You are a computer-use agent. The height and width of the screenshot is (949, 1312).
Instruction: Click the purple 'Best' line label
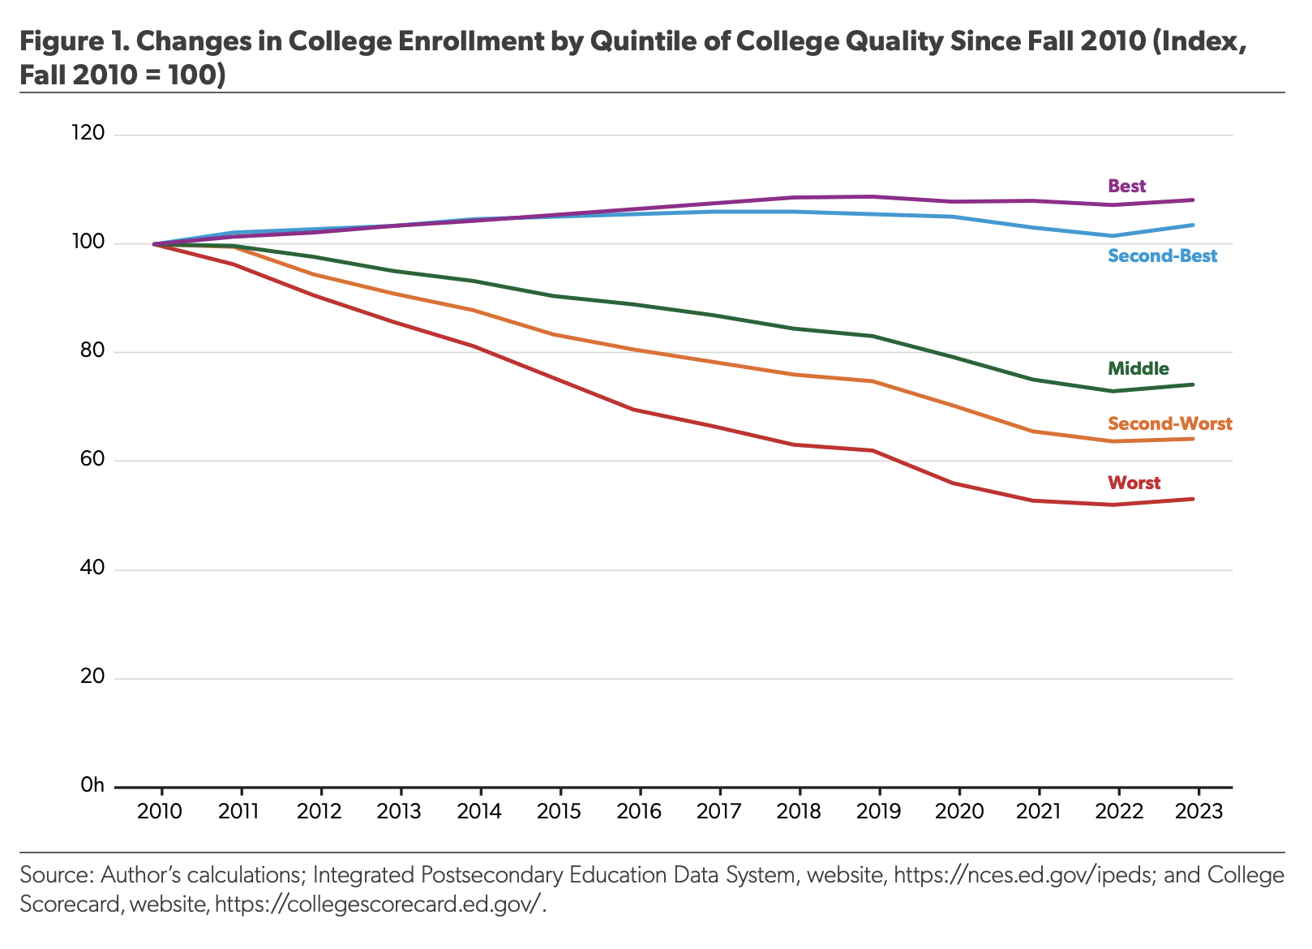tap(1126, 187)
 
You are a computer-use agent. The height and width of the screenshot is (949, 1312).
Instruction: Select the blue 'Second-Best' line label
tap(1162, 256)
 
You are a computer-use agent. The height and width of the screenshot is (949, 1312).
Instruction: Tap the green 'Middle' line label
tap(1138, 369)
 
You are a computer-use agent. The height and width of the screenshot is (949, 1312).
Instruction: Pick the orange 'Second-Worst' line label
tap(1169, 423)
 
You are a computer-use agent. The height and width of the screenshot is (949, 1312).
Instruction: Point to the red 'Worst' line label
tap(1134, 483)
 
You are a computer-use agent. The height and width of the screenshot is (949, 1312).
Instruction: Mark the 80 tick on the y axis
tap(93, 351)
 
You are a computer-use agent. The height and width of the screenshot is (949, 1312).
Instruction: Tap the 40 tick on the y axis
tap(93, 569)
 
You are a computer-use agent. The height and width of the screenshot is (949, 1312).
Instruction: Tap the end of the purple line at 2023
tap(1194, 200)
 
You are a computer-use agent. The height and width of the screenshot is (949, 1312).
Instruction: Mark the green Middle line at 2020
tap(958, 358)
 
